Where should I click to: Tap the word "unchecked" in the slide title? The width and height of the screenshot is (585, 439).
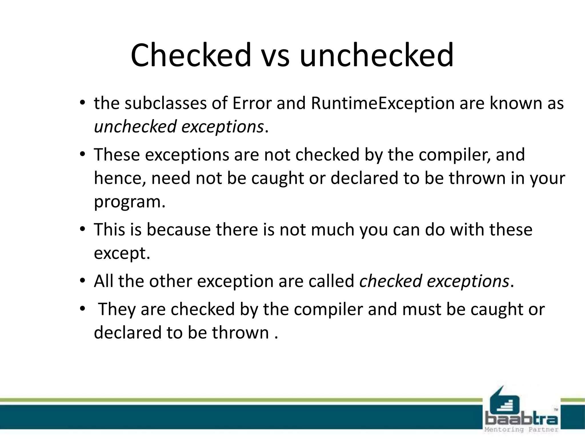(376, 55)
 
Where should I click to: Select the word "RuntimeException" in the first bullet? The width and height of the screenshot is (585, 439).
(382, 103)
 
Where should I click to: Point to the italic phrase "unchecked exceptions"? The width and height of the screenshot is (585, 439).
(179, 127)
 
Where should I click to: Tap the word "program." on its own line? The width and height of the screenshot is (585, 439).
(130, 202)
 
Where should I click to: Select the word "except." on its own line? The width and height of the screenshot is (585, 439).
(122, 253)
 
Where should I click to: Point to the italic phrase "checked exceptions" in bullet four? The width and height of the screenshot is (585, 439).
(434, 281)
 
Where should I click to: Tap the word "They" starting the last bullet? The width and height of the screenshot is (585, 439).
(117, 309)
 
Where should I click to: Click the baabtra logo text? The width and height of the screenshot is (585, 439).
(522, 420)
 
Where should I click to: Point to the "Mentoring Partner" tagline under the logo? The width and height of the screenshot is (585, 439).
(522, 430)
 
